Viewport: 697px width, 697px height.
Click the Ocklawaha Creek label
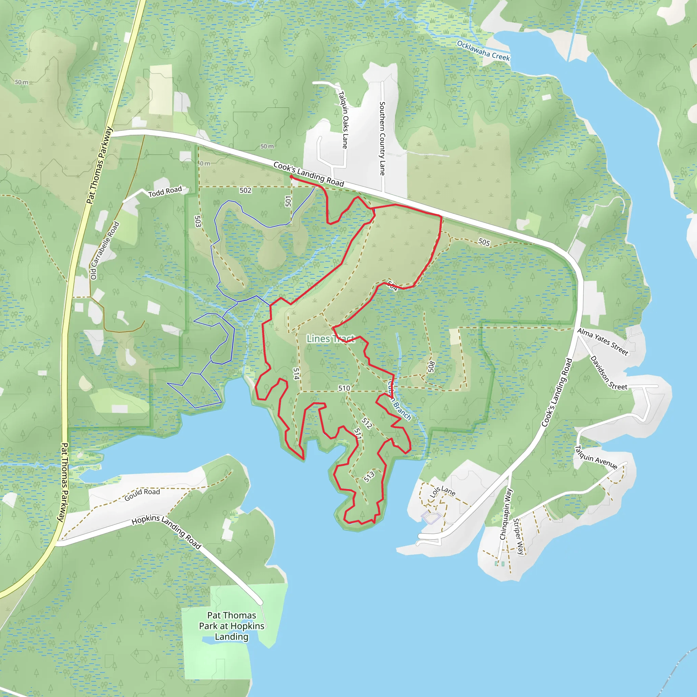(483, 51)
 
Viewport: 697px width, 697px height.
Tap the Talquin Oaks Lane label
(343, 120)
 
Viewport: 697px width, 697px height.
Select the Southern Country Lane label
(382, 138)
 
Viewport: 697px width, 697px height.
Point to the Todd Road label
(165, 192)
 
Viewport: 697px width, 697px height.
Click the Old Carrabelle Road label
(104, 250)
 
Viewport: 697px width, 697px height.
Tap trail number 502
(245, 190)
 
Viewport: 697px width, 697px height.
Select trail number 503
(198, 221)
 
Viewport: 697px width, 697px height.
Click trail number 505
(484, 242)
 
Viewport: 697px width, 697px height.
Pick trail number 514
(296, 374)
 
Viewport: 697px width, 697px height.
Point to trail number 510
(344, 388)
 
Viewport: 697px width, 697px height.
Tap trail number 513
(369, 476)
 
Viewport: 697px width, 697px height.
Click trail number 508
(431, 367)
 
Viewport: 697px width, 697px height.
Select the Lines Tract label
(330, 338)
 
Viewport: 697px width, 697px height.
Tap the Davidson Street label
(608, 373)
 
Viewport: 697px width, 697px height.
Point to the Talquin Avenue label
(596, 457)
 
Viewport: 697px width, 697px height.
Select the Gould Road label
(142, 494)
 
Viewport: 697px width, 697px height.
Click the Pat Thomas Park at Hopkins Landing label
(232, 626)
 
